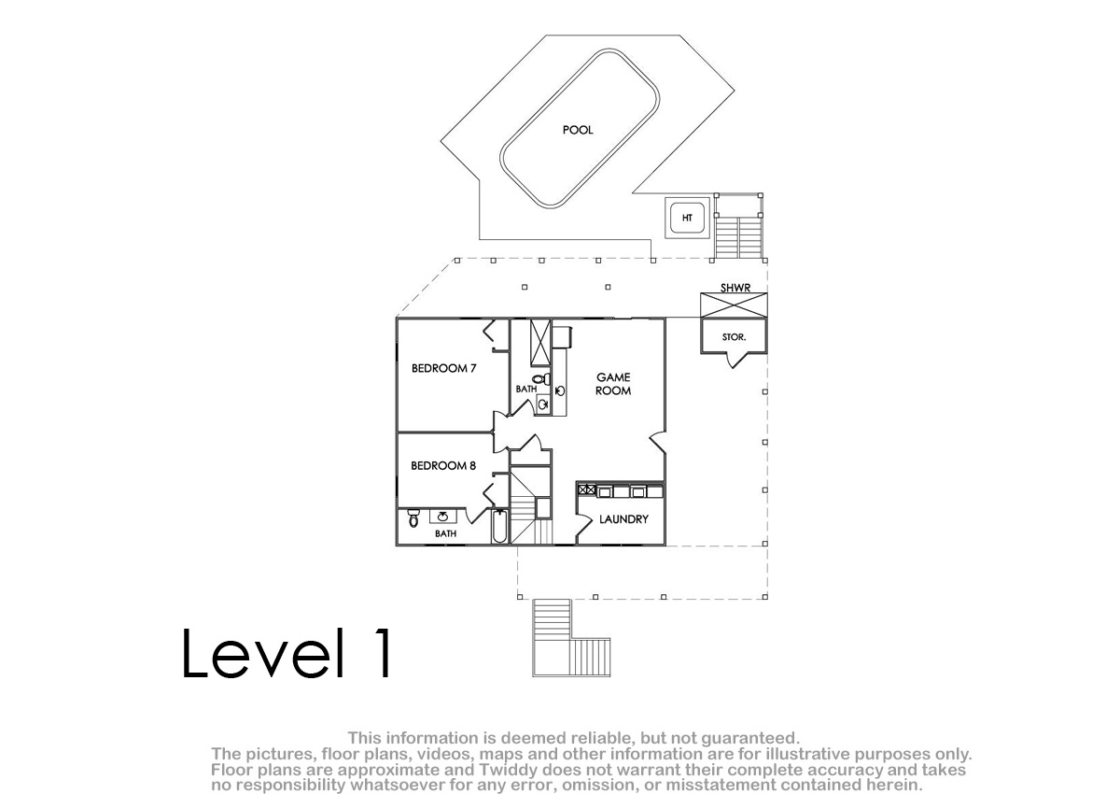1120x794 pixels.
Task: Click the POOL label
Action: pos(578,130)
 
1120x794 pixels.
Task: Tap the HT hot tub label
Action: pos(687,219)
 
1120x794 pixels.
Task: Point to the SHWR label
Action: pos(735,288)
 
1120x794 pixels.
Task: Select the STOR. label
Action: pos(734,337)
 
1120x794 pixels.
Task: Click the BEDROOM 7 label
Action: pos(443,368)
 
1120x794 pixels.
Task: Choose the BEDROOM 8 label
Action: pos(443,466)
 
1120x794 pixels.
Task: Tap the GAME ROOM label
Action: pos(613,384)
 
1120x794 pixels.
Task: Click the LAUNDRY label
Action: pos(623,519)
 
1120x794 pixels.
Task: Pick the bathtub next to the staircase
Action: pos(499,526)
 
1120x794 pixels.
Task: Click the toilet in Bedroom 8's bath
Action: pos(413,518)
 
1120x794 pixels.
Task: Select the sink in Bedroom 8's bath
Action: pos(443,517)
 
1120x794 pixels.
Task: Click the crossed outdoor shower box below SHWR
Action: pos(734,305)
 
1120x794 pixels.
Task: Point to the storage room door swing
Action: pos(736,361)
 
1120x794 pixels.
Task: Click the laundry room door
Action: pos(581,525)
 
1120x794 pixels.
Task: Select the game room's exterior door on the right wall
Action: pos(657,442)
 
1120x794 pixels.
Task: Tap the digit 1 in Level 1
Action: pos(385,653)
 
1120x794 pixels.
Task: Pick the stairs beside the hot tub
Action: pos(739,237)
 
